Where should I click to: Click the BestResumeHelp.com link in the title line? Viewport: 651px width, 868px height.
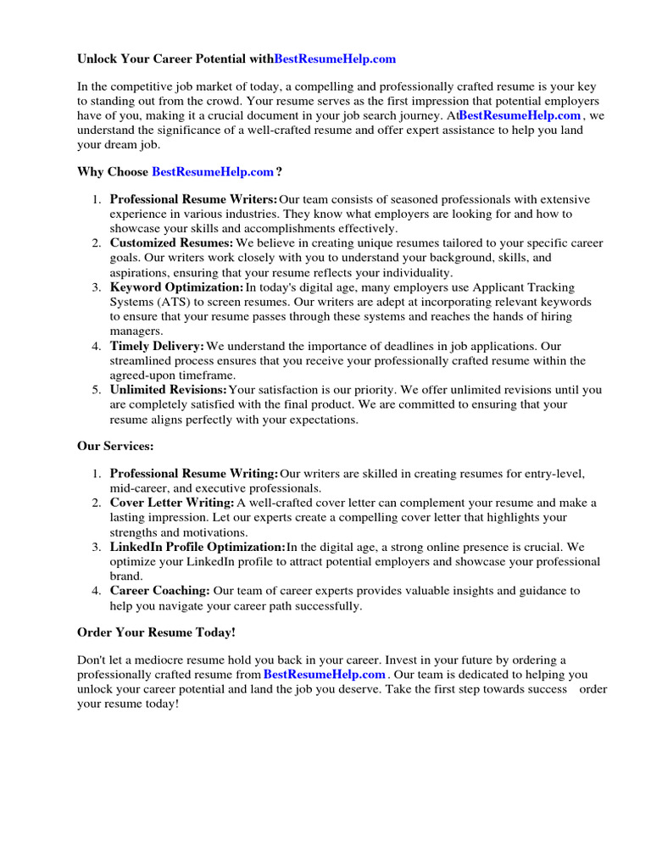pyautogui.click(x=335, y=59)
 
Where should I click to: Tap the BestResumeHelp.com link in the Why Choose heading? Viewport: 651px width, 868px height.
pyautogui.click(x=213, y=172)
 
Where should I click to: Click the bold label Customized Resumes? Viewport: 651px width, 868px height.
pyautogui.click(x=171, y=243)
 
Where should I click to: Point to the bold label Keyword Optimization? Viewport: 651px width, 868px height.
pyautogui.click(x=176, y=287)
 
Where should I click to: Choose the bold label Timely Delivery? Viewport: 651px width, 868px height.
pyautogui.click(x=157, y=346)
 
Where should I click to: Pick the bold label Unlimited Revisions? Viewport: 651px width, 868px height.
pyautogui.click(x=169, y=390)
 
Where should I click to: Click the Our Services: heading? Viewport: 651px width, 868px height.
pyautogui.click(x=115, y=446)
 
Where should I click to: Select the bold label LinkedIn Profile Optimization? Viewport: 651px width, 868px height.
pyautogui.click(x=198, y=547)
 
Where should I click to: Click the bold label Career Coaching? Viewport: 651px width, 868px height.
pyautogui.click(x=160, y=591)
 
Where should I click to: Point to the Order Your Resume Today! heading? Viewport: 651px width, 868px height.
pyautogui.click(x=156, y=632)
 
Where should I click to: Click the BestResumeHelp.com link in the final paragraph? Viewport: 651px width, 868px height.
pyautogui.click(x=325, y=675)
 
